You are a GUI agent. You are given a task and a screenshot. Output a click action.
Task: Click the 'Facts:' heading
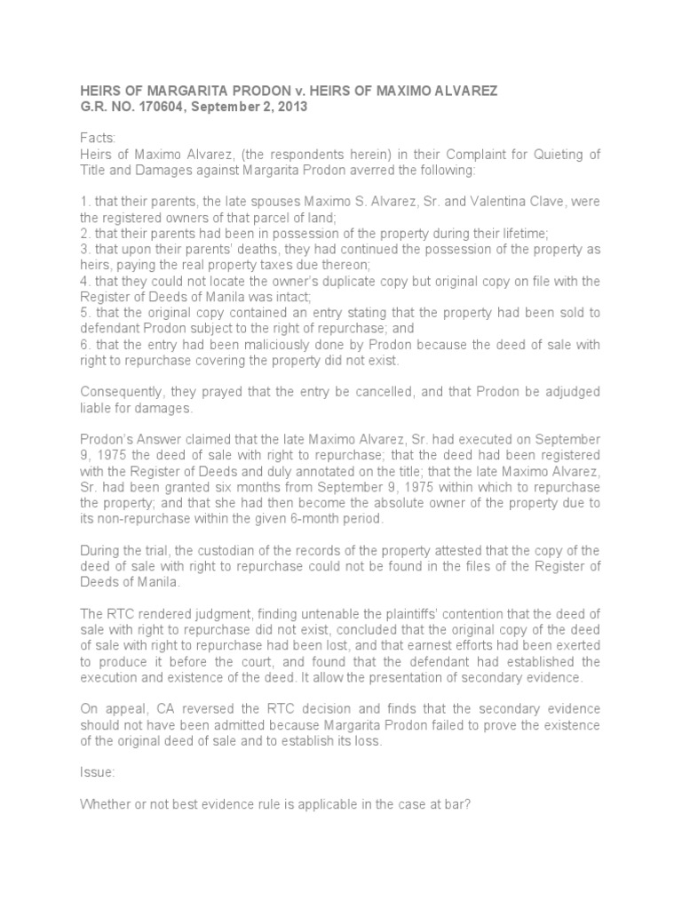click(x=99, y=138)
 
